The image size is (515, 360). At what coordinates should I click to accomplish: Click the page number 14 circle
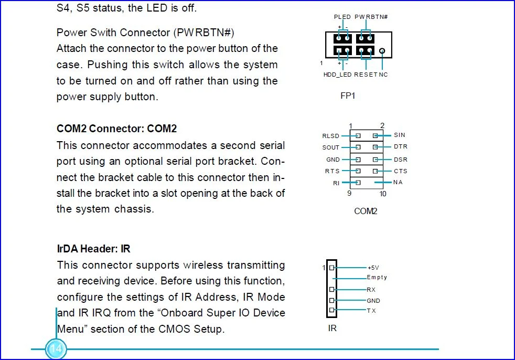tap(56, 349)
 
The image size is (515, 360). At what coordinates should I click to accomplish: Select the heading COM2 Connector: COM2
tap(116, 129)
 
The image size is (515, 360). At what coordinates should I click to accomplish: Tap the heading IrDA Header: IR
tap(93, 249)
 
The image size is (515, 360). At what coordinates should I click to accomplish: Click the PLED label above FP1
tap(342, 17)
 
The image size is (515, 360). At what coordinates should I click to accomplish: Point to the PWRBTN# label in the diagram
tap(371, 17)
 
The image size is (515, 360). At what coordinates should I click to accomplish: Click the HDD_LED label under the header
tap(337, 75)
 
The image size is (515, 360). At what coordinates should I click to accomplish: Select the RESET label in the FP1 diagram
tap(366, 75)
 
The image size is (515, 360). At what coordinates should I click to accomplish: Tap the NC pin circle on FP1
tap(382, 51)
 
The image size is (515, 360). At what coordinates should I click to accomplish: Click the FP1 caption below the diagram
tap(348, 96)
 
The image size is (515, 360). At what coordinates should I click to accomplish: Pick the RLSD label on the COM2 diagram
tap(330, 136)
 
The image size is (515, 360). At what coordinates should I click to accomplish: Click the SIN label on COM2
tap(400, 135)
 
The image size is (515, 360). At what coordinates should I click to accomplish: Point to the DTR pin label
tap(400, 146)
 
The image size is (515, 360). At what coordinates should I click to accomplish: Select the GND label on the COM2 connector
tap(333, 160)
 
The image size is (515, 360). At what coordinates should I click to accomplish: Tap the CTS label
tap(400, 171)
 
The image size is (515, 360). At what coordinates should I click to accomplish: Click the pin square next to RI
tap(358, 183)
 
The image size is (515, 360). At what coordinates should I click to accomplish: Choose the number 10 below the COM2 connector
tap(383, 194)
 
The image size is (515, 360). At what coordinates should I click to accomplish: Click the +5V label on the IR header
tap(373, 268)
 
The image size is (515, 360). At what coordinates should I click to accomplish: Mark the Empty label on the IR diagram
tap(377, 278)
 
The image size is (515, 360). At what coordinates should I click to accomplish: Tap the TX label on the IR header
tap(371, 311)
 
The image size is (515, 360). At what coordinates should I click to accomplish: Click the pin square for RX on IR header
tap(332, 289)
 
